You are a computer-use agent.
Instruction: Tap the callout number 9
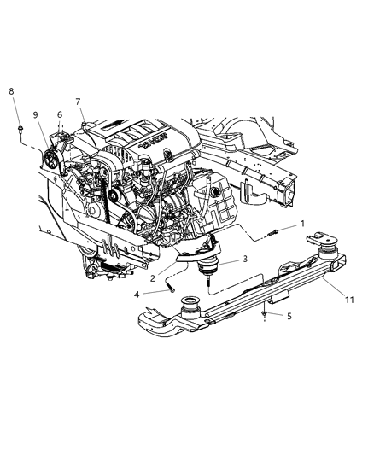(x=37, y=114)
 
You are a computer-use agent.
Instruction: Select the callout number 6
(x=59, y=114)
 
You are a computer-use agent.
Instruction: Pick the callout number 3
(x=244, y=259)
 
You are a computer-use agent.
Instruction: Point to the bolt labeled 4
(x=171, y=290)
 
